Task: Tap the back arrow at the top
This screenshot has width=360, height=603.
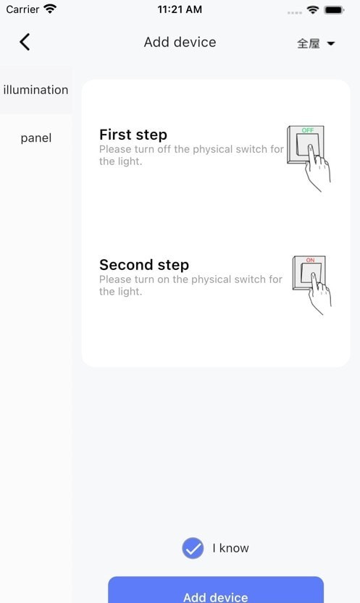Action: coord(25,42)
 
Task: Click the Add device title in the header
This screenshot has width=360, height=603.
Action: coord(180,42)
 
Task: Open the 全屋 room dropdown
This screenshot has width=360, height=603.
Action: coord(316,43)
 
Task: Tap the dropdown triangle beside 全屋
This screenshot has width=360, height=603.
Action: coord(331,44)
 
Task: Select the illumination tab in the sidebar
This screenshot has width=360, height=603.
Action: coord(35,90)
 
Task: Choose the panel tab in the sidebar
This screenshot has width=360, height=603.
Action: coord(35,138)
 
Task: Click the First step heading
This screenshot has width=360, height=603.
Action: coord(133,135)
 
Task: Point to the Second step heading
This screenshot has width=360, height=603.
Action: coord(144,265)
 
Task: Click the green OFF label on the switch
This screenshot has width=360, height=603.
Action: coord(308,130)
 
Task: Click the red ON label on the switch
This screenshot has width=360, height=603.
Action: coord(311,260)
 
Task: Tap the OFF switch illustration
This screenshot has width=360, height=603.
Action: coord(309,159)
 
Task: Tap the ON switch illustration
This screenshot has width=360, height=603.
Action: coord(311,285)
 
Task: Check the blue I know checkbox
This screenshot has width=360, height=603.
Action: coord(193,548)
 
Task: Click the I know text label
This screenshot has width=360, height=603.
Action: coord(231,548)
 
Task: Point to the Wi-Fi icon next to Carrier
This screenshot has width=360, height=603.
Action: coord(50,9)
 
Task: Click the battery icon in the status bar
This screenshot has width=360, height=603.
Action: coord(334,10)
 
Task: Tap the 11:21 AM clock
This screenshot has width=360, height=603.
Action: coord(180,9)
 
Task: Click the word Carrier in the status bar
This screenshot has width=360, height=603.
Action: coord(22,9)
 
